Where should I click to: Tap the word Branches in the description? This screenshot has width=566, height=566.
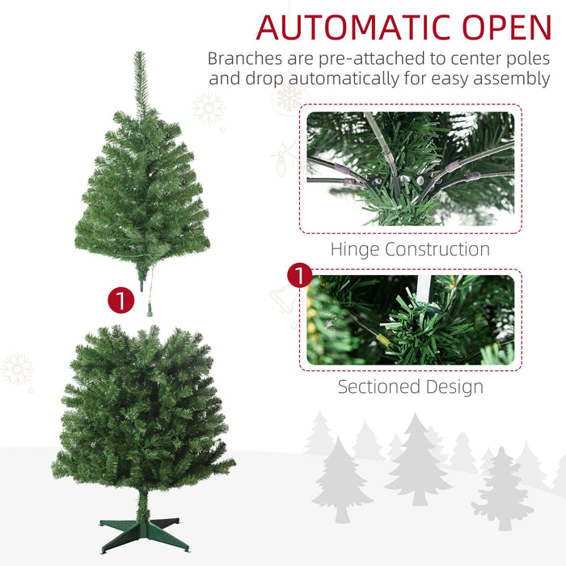(242, 58)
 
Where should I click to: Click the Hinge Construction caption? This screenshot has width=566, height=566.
(410, 249)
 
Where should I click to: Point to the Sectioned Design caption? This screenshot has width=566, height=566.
(410, 386)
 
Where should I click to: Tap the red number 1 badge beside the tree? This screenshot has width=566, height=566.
(120, 301)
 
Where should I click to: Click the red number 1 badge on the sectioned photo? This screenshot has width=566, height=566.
(300, 275)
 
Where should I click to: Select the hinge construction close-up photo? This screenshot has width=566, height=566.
(410, 168)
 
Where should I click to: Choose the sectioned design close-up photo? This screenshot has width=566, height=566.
(410, 320)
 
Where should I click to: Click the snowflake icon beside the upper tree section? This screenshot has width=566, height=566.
(209, 108)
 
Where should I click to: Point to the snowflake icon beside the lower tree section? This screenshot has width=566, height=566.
(17, 369)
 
